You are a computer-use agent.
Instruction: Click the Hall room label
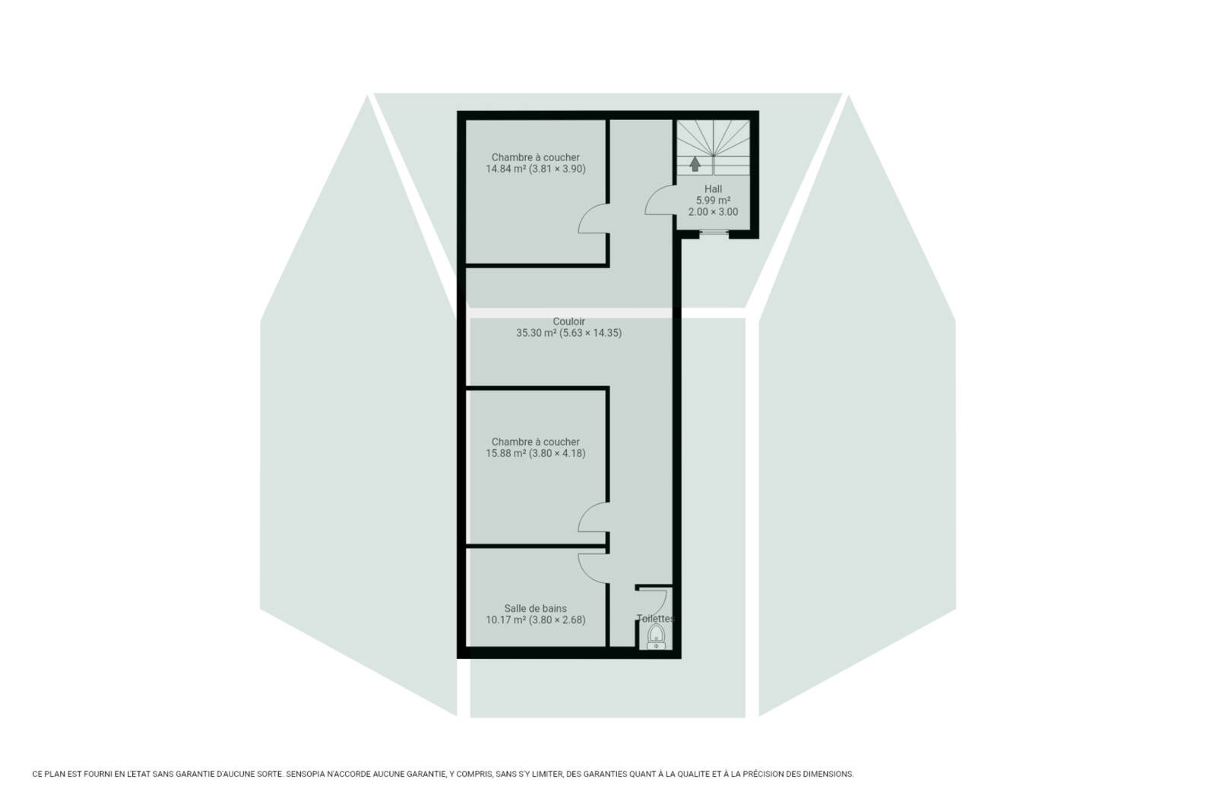(713, 189)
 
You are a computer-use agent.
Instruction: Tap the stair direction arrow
(695, 164)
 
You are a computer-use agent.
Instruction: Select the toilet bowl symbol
(657, 636)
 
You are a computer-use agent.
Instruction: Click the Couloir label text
(568, 322)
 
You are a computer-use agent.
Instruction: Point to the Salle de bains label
(535, 609)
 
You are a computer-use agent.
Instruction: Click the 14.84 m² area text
(505, 169)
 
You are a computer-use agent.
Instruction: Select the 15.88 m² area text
(505, 453)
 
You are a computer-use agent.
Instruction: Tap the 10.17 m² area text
(505, 620)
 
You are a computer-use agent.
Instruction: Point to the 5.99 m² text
(713, 201)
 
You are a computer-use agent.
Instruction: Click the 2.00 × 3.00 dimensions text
(713, 212)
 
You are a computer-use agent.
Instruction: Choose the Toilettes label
(656, 618)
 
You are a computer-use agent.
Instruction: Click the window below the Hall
(714, 233)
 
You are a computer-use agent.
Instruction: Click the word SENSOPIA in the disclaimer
(305, 774)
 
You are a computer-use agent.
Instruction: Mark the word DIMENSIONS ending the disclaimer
(829, 774)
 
